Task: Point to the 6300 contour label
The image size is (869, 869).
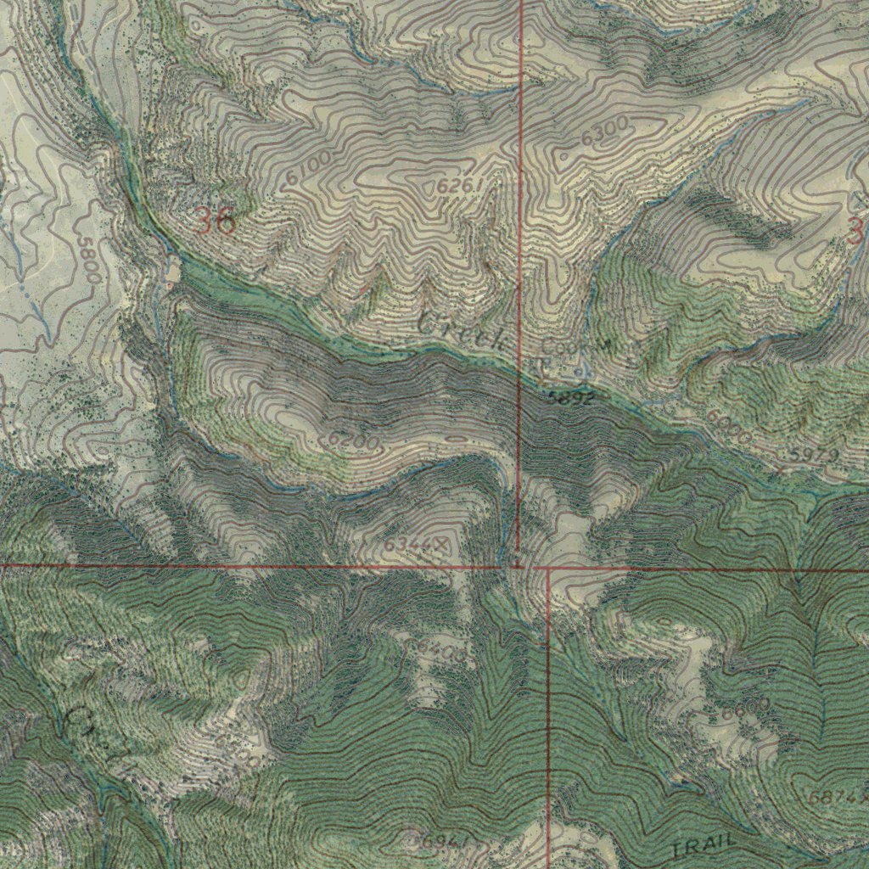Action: click(x=605, y=132)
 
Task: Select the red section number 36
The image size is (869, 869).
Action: click(x=215, y=221)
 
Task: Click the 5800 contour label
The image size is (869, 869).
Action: click(x=88, y=258)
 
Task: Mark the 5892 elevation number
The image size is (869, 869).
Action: click(x=570, y=397)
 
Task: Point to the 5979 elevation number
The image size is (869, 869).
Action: click(x=814, y=457)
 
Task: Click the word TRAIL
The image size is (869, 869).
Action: click(x=702, y=846)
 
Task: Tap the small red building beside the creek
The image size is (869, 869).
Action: click(x=169, y=287)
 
